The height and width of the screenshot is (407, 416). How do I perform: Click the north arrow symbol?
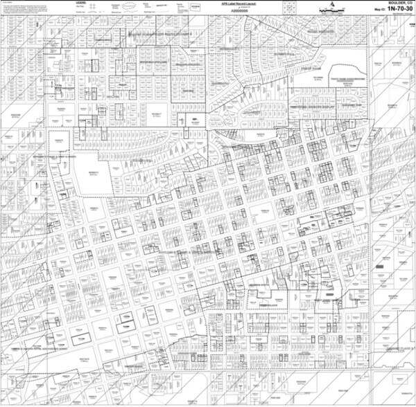tap(332, 3)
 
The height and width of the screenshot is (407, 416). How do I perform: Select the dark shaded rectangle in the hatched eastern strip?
tap(382, 266)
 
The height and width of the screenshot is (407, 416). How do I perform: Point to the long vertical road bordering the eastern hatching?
tap(372, 208)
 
